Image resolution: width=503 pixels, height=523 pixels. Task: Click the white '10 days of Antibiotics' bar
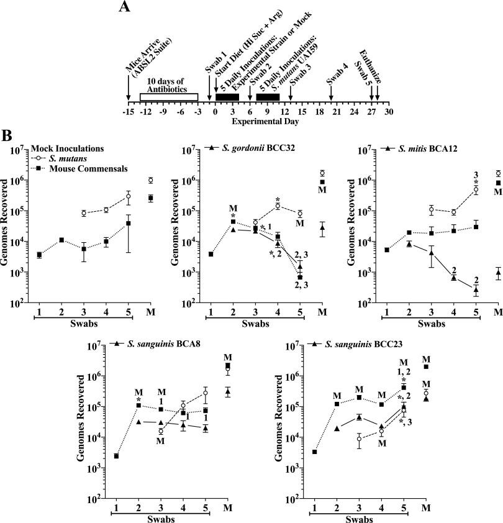[x=168, y=96]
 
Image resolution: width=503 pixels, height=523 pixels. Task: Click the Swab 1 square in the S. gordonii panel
[x=211, y=254]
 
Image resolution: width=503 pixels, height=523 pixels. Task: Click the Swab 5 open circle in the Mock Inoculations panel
[x=128, y=196]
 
